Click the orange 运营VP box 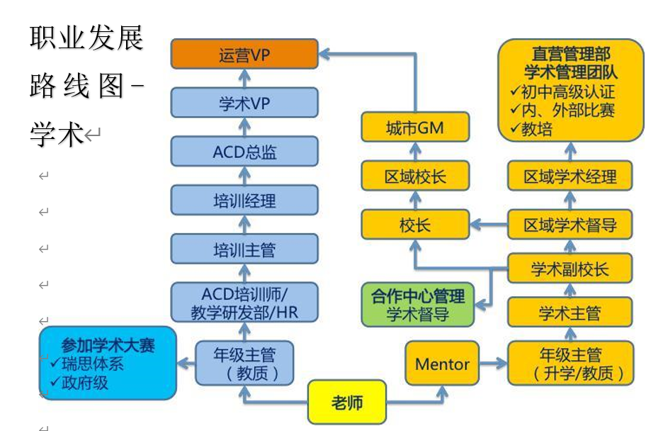(244, 55)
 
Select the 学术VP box (244, 103)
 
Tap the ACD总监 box (244, 152)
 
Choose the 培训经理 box (244, 201)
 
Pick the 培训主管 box (244, 250)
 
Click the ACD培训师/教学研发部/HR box (244, 303)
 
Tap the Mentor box (442, 364)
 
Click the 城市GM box (415, 128)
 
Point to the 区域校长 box (415, 177)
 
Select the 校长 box (415, 225)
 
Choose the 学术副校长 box (570, 269)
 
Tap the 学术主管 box (570, 313)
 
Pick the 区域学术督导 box (570, 225)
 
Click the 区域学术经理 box (570, 177)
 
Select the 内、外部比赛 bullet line (567, 111)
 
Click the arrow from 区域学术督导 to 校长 (489, 225)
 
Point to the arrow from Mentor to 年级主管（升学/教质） (493, 364)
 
